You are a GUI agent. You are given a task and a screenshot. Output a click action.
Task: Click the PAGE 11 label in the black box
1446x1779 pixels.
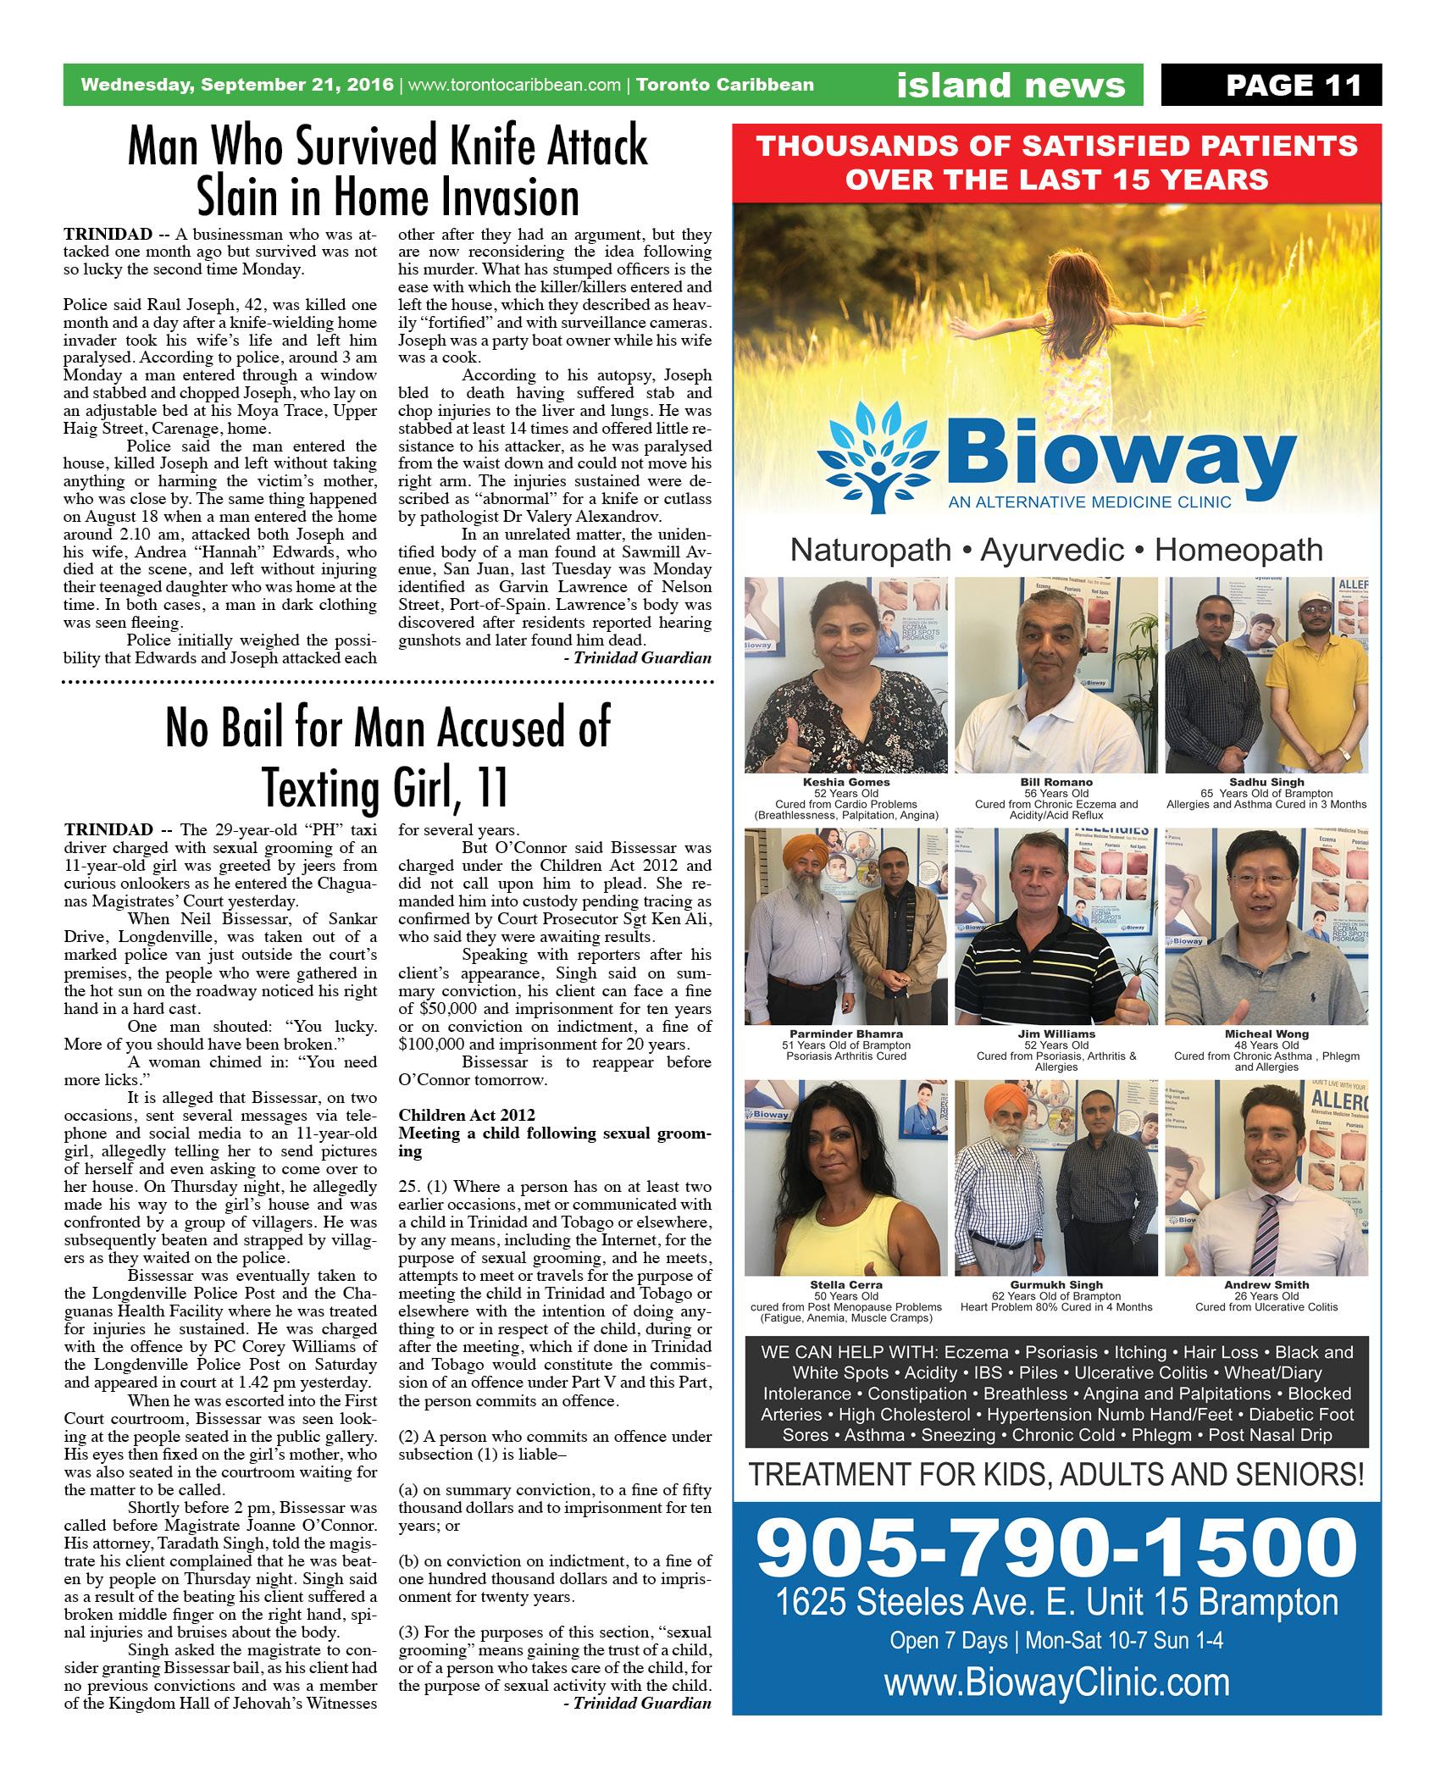pos(1294,85)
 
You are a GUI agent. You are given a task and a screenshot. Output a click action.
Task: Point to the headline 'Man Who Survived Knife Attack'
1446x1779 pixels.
pos(387,147)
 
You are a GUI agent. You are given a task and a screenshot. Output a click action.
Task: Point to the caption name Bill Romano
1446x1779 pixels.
pos(1056,782)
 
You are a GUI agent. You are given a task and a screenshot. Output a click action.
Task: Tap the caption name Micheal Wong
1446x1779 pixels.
pos(1266,1034)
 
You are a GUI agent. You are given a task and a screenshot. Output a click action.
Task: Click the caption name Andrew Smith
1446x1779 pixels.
pos(1266,1284)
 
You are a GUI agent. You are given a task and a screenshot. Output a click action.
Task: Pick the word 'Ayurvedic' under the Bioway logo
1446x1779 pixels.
pos(1055,550)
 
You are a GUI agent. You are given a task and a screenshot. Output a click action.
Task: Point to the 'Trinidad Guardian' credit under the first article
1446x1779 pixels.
pos(642,657)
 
